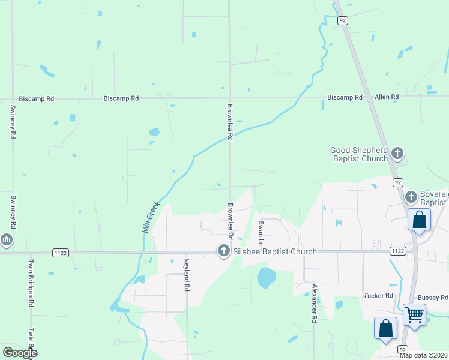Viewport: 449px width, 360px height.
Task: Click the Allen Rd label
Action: (x=387, y=97)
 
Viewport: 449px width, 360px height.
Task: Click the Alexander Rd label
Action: (x=313, y=304)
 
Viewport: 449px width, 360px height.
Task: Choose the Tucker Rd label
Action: (x=378, y=296)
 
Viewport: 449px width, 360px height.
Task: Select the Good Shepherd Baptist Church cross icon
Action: (x=397, y=154)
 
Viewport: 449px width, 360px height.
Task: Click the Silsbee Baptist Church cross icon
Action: (x=224, y=251)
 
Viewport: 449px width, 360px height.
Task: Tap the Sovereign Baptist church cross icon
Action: (x=411, y=196)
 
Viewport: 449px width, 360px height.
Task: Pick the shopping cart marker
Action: (x=414, y=314)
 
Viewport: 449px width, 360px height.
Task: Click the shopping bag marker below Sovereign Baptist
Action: (x=419, y=219)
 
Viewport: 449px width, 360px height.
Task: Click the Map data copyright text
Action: (x=424, y=355)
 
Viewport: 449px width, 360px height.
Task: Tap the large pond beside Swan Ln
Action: (x=266, y=278)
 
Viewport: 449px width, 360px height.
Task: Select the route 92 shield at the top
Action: (x=342, y=20)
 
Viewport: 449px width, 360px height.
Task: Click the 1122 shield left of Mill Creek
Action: (x=60, y=253)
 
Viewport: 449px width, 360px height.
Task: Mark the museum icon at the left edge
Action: (x=7, y=241)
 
